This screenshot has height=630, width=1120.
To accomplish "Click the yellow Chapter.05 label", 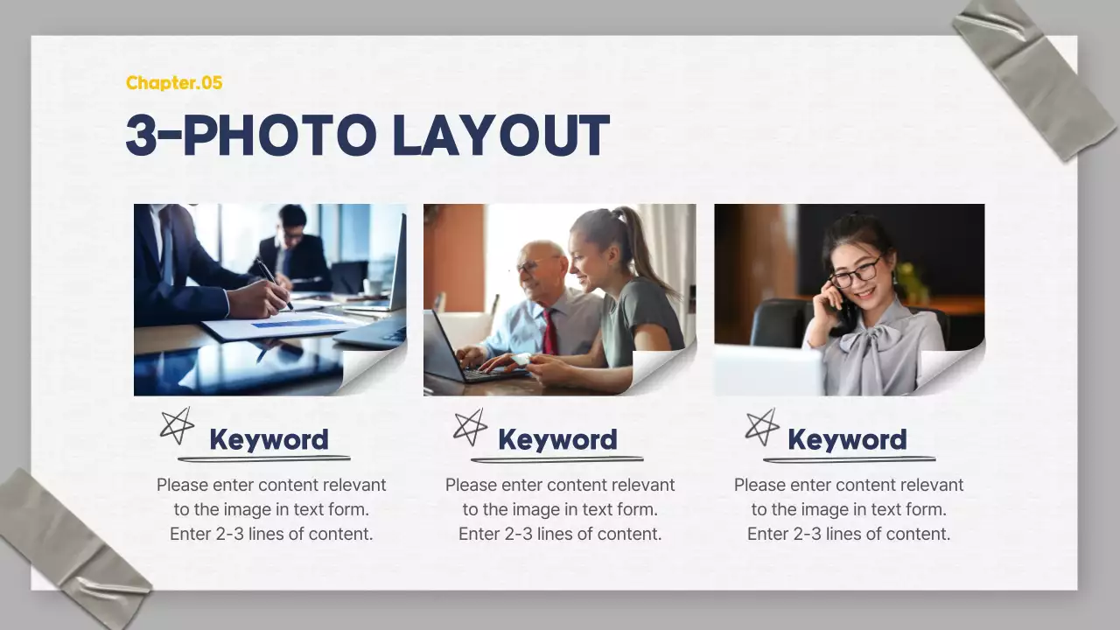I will (174, 83).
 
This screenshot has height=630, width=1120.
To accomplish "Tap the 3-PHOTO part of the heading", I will (248, 136).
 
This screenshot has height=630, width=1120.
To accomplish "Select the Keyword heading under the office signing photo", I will (269, 439).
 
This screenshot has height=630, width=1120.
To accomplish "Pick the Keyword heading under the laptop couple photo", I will (557, 439).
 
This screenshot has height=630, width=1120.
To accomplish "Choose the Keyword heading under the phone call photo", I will (847, 439).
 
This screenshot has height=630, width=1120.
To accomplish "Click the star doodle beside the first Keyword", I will (177, 425).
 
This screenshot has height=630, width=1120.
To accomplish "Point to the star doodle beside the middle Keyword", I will (470, 426).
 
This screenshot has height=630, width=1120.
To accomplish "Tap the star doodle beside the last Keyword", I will (761, 426).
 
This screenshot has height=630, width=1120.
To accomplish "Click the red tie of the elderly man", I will (549, 332).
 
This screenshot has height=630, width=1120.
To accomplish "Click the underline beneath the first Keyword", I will (263, 458).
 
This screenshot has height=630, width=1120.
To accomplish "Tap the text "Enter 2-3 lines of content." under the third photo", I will (849, 534).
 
